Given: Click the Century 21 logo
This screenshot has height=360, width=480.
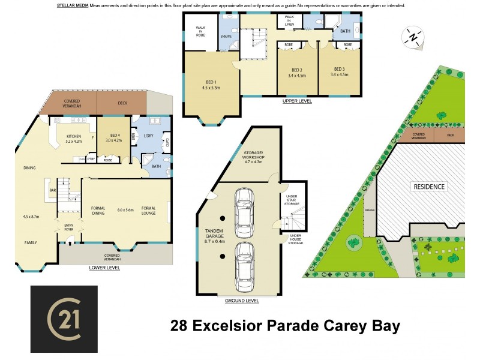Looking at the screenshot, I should (64, 319).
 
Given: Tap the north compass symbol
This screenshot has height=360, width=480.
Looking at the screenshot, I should (412, 37).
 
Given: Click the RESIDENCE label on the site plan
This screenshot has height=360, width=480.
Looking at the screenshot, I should (429, 187).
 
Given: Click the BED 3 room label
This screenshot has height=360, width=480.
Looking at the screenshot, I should (339, 72).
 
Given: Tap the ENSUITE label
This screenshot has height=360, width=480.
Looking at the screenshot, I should (226, 37).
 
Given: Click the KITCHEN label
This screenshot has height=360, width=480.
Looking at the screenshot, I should (73, 140).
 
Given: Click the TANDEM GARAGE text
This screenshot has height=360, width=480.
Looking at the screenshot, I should (214, 233).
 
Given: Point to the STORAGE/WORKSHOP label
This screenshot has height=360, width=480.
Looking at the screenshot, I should (258, 157).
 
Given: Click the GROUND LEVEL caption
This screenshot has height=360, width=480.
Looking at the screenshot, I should (242, 300).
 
